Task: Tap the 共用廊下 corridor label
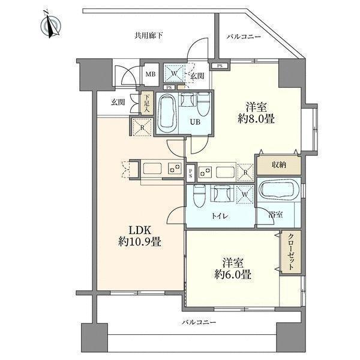[x=149, y=36]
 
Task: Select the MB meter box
[x=151, y=74]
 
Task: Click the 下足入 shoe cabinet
[x=145, y=103]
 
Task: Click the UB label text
[x=195, y=121]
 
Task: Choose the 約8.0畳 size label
[x=256, y=119]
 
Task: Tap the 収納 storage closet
[x=279, y=165]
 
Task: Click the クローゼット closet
[x=291, y=252]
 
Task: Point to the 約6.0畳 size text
[x=233, y=274]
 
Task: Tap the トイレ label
[x=220, y=216]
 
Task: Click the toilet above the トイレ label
[x=198, y=196]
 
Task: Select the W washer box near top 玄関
[x=174, y=73]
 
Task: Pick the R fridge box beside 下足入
[x=142, y=127]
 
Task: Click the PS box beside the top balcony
[x=220, y=66]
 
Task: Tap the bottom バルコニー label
[x=199, y=323]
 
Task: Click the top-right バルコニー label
[x=244, y=37]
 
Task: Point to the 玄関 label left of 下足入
[x=118, y=103]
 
